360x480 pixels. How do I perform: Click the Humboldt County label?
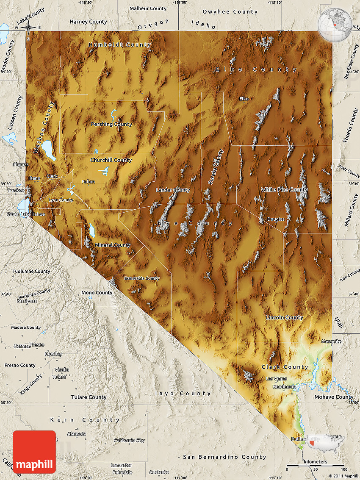pos(120,45)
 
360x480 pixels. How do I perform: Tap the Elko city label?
pos(244,99)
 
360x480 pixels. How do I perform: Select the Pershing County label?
pos(111,124)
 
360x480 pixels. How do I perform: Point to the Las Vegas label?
pos(276,379)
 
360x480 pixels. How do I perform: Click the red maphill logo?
pos(34,452)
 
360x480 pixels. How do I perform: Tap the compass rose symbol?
pos(28,28)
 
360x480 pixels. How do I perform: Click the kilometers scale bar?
pos(316,466)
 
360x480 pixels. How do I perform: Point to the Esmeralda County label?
pos(142,278)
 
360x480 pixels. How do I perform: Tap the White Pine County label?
pos(284,190)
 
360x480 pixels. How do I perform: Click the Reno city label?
pos(35,178)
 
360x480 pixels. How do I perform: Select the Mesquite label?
pos(331,341)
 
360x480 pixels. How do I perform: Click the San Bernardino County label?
pos(225,457)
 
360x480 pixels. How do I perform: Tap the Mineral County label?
pos(113,245)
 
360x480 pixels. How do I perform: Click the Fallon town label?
pos(89,182)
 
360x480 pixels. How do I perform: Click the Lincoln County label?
pos(284,318)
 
